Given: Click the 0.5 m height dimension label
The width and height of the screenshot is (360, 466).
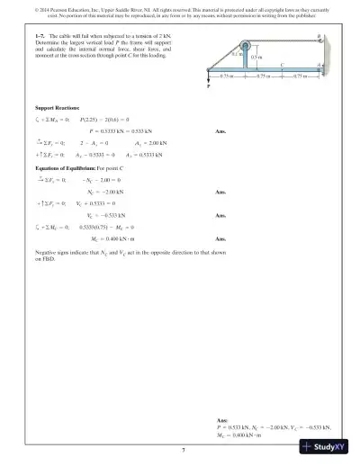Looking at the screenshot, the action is (x=255, y=58).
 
